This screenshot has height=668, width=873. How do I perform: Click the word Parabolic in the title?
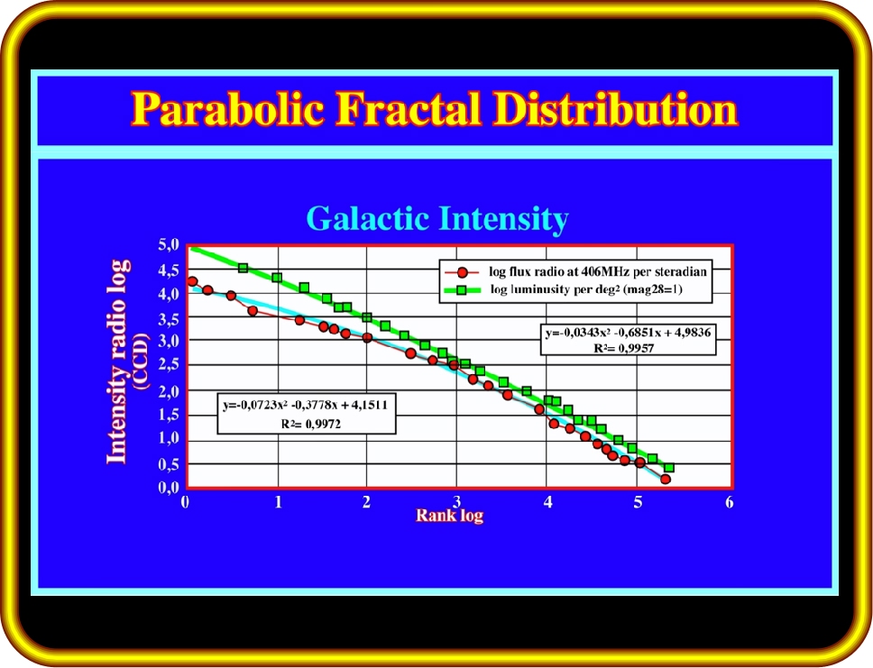click(x=227, y=108)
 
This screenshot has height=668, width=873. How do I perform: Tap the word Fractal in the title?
click(x=409, y=108)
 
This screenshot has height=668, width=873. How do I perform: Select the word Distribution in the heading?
click(x=615, y=108)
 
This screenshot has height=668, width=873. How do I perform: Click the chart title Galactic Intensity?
click(x=437, y=218)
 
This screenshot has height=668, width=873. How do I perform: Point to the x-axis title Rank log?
click(x=449, y=515)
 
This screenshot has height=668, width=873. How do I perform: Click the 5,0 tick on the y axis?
click(x=169, y=244)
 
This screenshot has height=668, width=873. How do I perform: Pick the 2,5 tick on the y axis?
click(x=169, y=364)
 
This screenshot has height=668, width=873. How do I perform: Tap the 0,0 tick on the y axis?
click(x=169, y=488)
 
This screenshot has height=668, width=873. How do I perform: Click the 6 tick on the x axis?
click(x=730, y=502)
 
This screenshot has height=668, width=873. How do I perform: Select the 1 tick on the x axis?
click(x=278, y=502)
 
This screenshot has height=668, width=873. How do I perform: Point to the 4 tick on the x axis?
click(x=547, y=502)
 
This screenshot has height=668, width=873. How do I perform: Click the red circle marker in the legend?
click(x=462, y=272)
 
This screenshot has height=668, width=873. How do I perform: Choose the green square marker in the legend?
click(x=462, y=290)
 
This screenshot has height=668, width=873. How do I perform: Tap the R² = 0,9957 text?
click(x=624, y=349)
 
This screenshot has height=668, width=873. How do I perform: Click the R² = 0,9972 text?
click(x=310, y=425)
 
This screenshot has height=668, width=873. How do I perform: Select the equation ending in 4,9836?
click(x=628, y=333)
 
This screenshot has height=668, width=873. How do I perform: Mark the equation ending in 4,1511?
click(x=305, y=405)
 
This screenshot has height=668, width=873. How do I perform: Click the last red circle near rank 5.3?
click(x=665, y=479)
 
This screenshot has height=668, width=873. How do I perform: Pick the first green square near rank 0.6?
click(x=243, y=268)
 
